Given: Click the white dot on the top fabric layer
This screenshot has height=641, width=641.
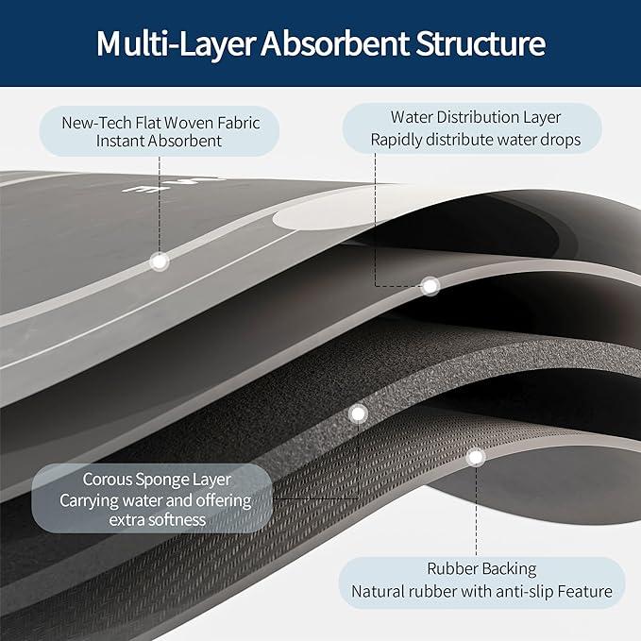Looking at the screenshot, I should pyautogui.click(x=160, y=261).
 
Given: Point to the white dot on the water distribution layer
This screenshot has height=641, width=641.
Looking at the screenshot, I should pyautogui.click(x=430, y=284).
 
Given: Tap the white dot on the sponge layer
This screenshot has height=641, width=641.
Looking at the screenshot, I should pyautogui.click(x=358, y=413).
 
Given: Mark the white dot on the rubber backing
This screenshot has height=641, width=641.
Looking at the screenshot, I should pyautogui.click(x=476, y=457).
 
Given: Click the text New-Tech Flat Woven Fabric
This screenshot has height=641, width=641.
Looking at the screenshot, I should pyautogui.click(x=160, y=122).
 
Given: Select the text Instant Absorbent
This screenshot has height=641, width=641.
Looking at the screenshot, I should pyautogui.click(x=160, y=141).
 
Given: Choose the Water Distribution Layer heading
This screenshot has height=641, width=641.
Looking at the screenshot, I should pyautogui.click(x=476, y=118).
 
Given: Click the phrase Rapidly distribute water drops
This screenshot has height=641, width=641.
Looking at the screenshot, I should pyautogui.click(x=475, y=140).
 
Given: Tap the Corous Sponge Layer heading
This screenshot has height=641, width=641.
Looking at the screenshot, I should pyautogui.click(x=157, y=480).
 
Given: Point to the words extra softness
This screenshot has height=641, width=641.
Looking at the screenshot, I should pyautogui.click(x=157, y=520).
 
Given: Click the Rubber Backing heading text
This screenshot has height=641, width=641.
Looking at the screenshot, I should pyautogui.click(x=481, y=568).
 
